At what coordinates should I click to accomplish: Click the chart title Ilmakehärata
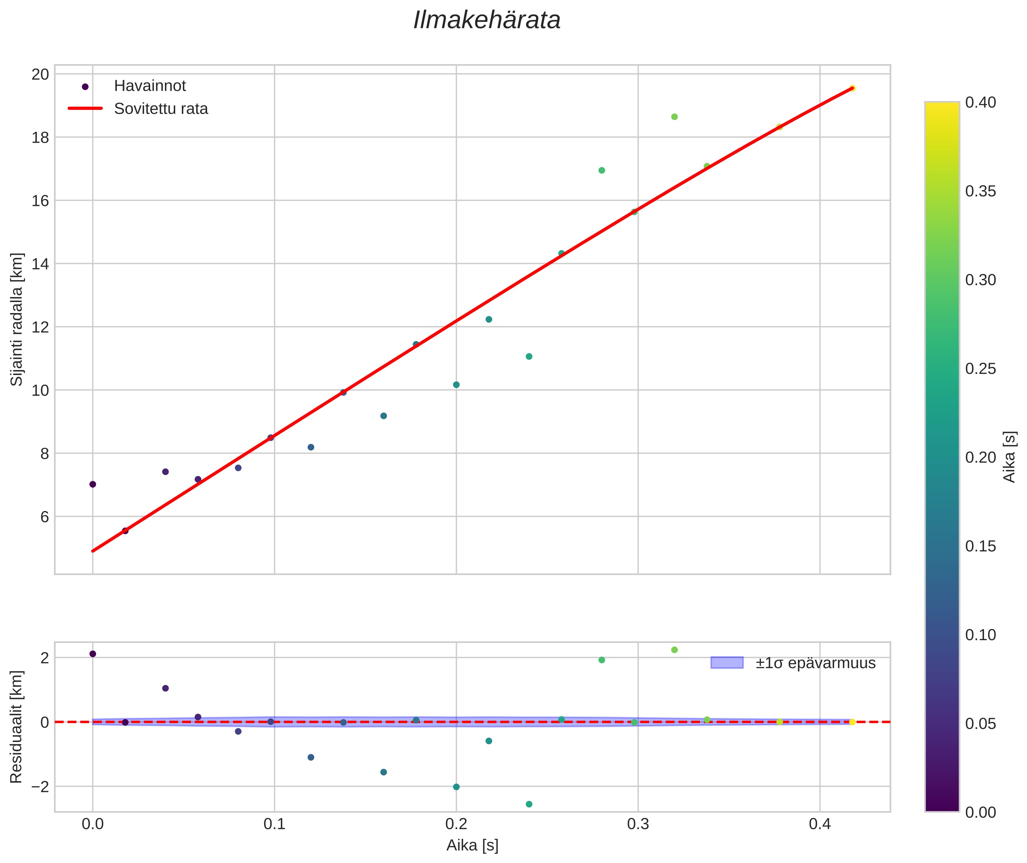click(x=487, y=20)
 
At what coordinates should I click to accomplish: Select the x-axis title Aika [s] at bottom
click(x=472, y=845)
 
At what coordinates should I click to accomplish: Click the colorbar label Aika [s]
click(x=1009, y=456)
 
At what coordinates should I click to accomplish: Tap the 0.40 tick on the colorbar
click(x=981, y=102)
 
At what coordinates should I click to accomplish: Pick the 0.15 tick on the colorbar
click(x=981, y=546)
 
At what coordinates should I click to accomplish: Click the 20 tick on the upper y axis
click(x=40, y=75)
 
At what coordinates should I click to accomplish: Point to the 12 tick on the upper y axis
click(x=40, y=327)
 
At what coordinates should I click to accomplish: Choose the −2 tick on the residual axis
click(x=38, y=787)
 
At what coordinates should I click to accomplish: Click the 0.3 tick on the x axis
click(x=637, y=824)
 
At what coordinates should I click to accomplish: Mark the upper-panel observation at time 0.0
click(x=93, y=485)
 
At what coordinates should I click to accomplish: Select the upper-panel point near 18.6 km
click(x=674, y=117)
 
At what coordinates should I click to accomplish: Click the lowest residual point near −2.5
click(x=529, y=804)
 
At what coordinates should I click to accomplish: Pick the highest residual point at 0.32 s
click(x=674, y=650)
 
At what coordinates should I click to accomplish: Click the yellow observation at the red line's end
click(x=852, y=88)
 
